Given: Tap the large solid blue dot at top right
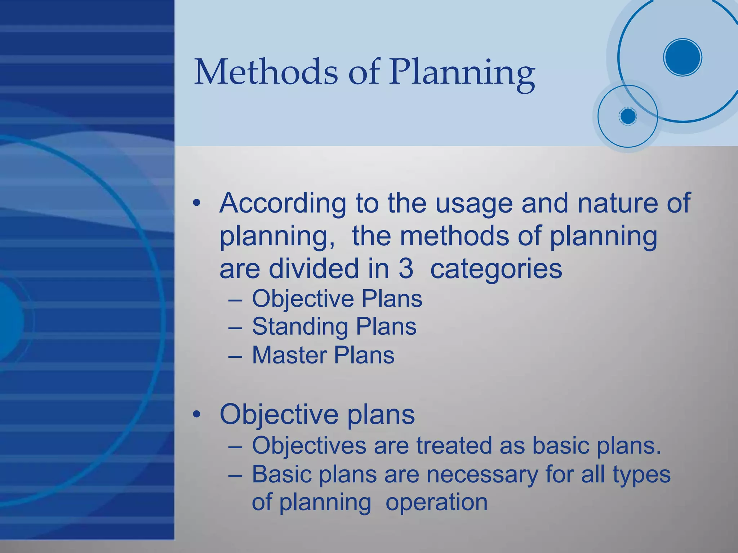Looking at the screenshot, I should pyautogui.click(x=683, y=57).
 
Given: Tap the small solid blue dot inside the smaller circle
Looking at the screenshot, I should pyautogui.click(x=628, y=116).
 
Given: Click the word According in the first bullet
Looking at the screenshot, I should pyautogui.click(x=283, y=203).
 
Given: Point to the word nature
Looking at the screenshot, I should pyautogui.click(x=617, y=203).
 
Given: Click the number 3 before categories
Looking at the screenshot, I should pyautogui.click(x=406, y=269).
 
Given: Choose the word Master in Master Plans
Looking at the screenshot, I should pyautogui.click(x=289, y=355).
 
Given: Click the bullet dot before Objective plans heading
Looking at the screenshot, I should pyautogui.click(x=196, y=415).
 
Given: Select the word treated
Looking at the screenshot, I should pyautogui.click(x=454, y=446).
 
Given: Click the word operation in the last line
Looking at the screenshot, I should pyautogui.click(x=436, y=503).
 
